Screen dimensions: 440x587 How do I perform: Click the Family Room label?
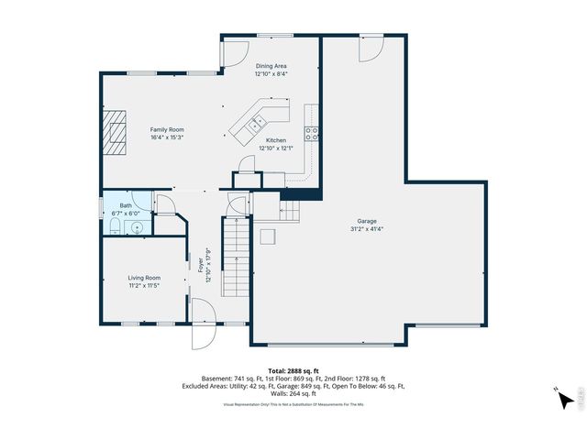[x=167, y=130]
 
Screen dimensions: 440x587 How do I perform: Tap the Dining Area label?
[x=271, y=66]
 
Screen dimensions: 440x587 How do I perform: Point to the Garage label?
[x=366, y=221]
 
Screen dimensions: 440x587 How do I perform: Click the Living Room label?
[x=144, y=277]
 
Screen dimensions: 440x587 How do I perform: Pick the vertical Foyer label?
[x=201, y=266]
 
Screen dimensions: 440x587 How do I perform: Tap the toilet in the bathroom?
[x=113, y=226]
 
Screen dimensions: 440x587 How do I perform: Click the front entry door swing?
[x=203, y=335]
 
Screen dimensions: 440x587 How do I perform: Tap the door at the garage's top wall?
[x=369, y=50]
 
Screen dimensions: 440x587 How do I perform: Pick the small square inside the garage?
[x=268, y=237]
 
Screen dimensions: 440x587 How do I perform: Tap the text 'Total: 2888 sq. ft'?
[x=293, y=370]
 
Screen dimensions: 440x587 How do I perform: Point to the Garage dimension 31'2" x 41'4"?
[x=366, y=229]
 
